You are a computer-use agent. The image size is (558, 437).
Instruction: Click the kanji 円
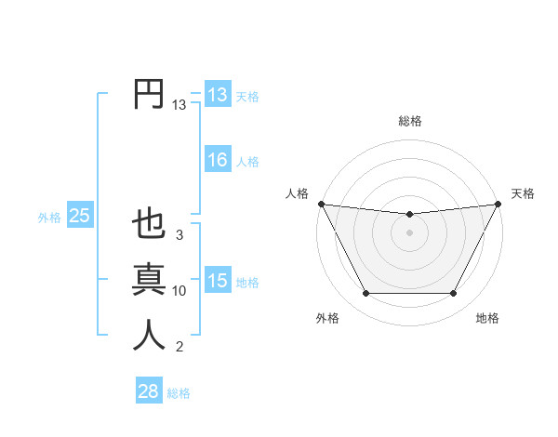pos(149,94)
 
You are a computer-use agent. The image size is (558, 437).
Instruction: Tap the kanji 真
pos(149,280)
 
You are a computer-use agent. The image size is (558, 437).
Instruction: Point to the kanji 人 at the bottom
pos(149,336)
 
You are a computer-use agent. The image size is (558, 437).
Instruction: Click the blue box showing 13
pos(218,95)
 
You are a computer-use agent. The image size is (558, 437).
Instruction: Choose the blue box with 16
pos(218,160)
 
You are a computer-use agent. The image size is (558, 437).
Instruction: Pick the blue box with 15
pos(218,281)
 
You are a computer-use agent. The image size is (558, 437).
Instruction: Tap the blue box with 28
pos(148,391)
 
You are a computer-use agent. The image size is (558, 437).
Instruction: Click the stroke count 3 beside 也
pos(179,235)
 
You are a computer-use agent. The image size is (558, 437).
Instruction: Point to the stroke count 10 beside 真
pos(179,291)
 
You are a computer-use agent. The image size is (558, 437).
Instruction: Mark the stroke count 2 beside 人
pos(179,347)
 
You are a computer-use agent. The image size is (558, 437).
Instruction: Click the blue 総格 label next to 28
pos(179,393)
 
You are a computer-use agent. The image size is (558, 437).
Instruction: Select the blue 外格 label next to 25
pos(49,218)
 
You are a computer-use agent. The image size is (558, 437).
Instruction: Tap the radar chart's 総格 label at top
pos(410,121)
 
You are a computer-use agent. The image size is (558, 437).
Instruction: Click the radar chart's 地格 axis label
pos(487,318)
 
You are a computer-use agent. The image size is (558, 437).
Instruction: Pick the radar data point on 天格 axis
pos(498,204)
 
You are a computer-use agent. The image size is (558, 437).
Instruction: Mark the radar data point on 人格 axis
pos(321,204)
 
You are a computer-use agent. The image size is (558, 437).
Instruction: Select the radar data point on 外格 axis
pos(365,294)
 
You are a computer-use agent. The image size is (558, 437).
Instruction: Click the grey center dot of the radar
pos(410,232)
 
